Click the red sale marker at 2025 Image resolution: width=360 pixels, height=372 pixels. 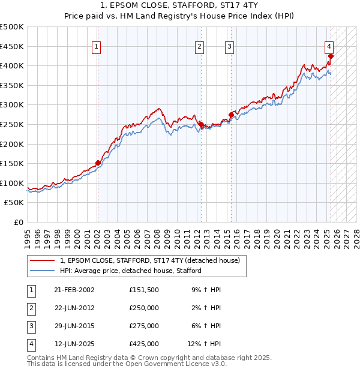tap(331, 56)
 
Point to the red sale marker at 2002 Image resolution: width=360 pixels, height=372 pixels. tap(98, 163)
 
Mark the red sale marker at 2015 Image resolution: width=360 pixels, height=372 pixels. tap(231, 115)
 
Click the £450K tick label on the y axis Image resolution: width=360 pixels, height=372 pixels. tap(12, 46)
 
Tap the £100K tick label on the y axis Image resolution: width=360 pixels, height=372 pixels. tap(12, 183)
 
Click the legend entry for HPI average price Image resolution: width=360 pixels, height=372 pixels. tap(131, 271)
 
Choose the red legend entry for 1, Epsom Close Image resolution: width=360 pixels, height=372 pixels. tap(150, 260)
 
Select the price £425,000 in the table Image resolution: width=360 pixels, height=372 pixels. tap(144, 344)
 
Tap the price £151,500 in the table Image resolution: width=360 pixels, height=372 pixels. tap(144, 290)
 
